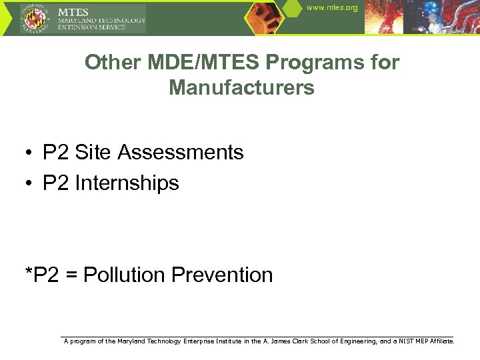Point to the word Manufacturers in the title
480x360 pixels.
tap(241, 87)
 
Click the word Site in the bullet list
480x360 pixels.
tap(94, 153)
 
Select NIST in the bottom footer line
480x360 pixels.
tap(407, 341)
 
